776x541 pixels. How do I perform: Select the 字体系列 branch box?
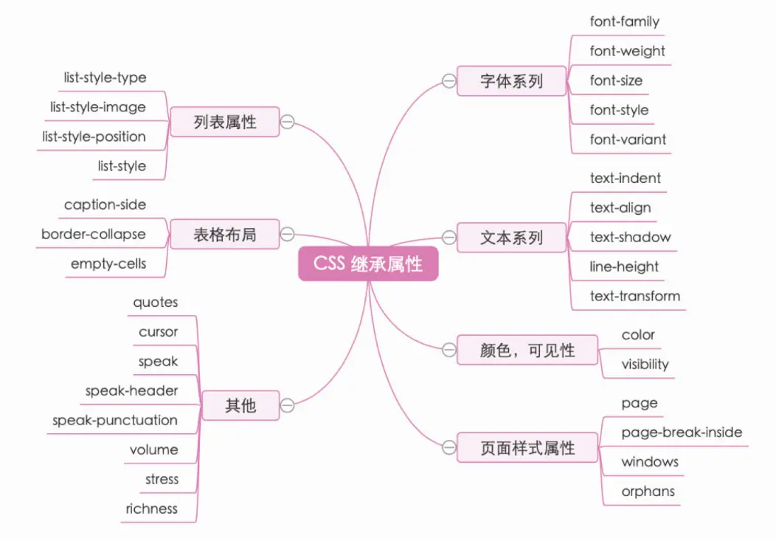click(511, 81)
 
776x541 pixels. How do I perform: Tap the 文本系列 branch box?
click(511, 238)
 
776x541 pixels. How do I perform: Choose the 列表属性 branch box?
click(225, 122)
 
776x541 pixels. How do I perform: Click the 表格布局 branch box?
click(225, 235)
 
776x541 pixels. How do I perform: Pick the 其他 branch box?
click(240, 405)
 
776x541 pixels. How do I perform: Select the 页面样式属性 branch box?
click(527, 447)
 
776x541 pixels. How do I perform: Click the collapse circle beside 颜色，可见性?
click(448, 350)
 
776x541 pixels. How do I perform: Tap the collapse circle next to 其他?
click(288, 405)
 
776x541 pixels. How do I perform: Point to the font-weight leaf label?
click(627, 51)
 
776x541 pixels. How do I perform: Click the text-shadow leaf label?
click(630, 237)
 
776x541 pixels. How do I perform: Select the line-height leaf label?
click(624, 266)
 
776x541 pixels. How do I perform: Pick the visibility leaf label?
click(645, 364)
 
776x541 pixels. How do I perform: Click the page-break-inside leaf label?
click(682, 432)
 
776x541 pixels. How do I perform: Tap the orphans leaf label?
click(648, 491)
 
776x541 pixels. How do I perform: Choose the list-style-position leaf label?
click(94, 137)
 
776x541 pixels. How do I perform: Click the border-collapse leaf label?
click(94, 234)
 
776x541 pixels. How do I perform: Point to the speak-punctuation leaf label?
click(115, 420)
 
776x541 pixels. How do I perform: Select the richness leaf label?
click(152, 509)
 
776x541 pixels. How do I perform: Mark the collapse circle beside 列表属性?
click(288, 122)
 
